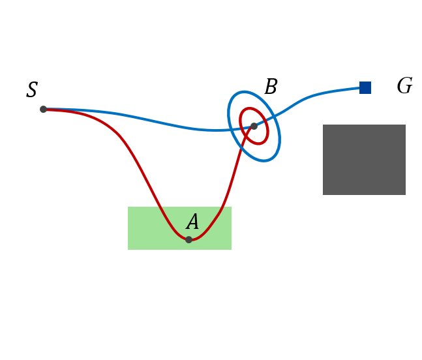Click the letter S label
(x=32, y=90)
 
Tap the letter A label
(x=192, y=222)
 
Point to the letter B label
(x=271, y=87)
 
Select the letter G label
(x=404, y=86)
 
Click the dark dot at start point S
(x=43, y=109)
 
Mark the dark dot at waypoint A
(x=188, y=239)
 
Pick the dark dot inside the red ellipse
(x=254, y=126)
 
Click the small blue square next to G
(x=365, y=87)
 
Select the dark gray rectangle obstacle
(x=364, y=160)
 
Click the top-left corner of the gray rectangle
(x=323, y=125)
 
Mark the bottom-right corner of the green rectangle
(x=232, y=250)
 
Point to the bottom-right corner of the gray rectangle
(x=406, y=195)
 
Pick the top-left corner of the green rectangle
(x=128, y=207)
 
